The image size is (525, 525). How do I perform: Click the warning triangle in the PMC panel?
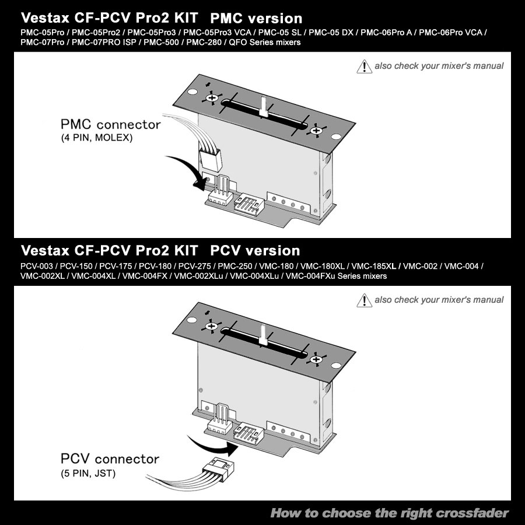click(364, 66)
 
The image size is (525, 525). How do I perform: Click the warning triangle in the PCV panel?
click(364, 300)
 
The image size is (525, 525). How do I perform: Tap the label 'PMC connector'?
click(110, 125)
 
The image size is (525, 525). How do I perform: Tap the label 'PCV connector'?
click(110, 459)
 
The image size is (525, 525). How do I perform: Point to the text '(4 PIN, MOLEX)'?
click(97, 138)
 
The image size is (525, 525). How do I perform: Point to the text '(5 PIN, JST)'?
click(88, 474)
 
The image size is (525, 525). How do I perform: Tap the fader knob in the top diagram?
click(264, 107)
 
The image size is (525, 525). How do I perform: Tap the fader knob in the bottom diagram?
click(263, 335)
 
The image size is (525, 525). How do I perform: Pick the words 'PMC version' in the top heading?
click(256, 19)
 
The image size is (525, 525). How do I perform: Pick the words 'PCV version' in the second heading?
click(255, 251)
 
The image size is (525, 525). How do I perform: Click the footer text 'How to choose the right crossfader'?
click(390, 513)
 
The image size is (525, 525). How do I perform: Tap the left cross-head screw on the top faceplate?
click(212, 98)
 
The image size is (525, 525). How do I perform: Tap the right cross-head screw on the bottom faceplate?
click(316, 359)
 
